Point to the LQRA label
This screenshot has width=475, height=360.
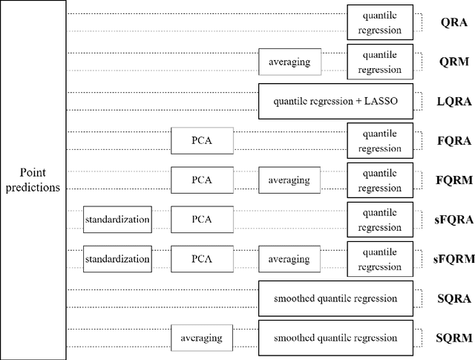pos(451,102)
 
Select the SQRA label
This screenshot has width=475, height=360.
pos(452,298)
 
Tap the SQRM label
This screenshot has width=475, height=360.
pos(452,338)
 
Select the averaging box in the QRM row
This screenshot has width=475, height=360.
pos(289,62)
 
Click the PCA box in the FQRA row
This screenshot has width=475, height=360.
pos(202,140)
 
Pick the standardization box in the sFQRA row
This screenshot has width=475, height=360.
pos(117,219)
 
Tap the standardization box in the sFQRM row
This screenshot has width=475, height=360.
pos(117,259)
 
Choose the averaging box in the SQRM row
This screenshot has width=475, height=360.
pos(202,338)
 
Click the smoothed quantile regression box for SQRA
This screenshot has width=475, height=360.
pos(335,298)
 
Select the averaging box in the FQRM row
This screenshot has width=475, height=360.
pos(289,180)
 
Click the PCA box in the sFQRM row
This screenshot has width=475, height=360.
pos(202,259)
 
